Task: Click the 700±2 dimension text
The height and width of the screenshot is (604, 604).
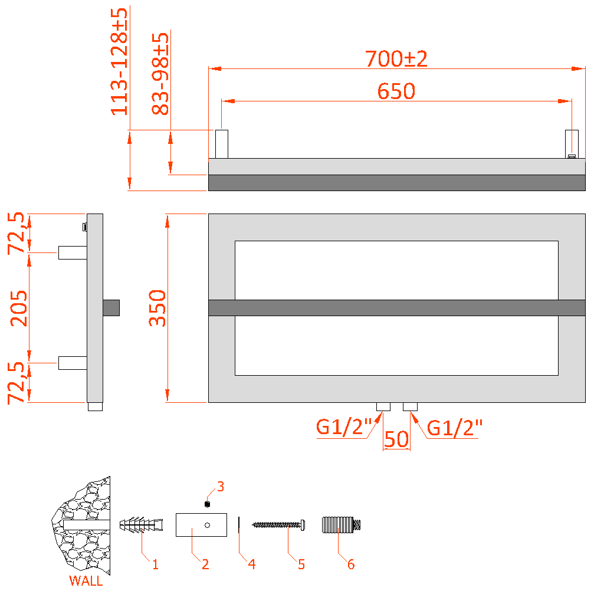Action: [396, 59]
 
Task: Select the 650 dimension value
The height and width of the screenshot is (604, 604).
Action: [396, 91]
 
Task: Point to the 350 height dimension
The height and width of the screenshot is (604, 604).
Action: [157, 308]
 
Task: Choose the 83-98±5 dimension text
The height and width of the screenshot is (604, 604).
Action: [160, 74]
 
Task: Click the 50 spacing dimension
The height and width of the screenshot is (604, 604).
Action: [396, 439]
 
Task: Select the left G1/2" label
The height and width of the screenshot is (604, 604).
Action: [344, 427]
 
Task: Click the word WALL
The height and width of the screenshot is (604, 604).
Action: [86, 581]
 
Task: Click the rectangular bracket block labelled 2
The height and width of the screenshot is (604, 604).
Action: [201, 524]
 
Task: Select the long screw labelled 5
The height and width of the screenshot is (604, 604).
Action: [280, 524]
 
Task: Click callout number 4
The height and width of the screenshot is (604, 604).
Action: [252, 564]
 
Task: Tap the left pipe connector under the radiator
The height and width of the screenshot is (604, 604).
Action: [383, 406]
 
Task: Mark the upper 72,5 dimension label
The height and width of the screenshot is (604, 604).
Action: [17, 233]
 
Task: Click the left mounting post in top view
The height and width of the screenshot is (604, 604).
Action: [221, 144]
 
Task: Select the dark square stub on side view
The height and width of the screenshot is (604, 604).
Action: [111, 308]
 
